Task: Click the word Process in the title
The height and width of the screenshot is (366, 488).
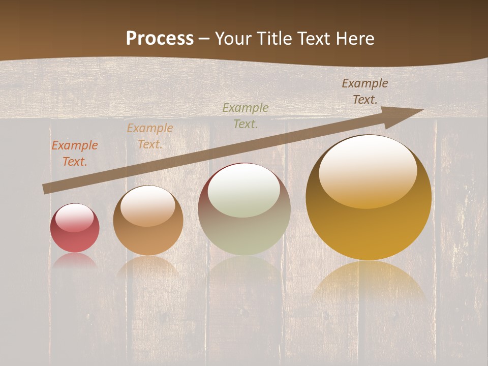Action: [x=160, y=39]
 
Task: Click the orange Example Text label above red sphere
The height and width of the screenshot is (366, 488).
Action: [x=74, y=154]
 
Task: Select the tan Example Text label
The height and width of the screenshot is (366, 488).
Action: [x=149, y=136]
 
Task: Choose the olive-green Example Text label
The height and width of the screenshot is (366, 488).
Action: [x=245, y=115]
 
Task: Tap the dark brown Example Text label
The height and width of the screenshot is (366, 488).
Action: [x=364, y=91]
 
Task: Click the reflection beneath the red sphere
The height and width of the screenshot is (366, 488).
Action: [x=75, y=260]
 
